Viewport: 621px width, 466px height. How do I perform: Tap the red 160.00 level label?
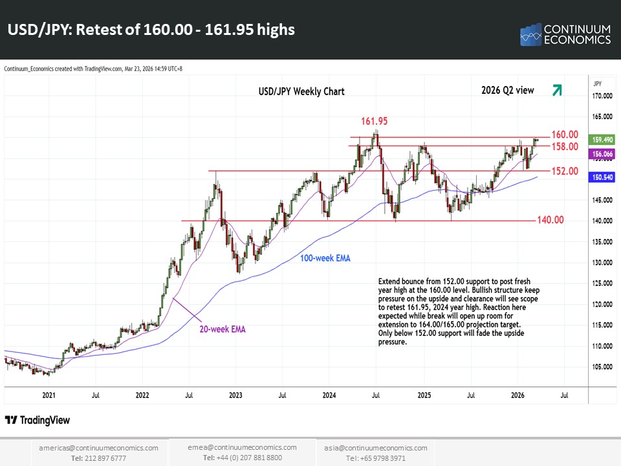(x=564, y=135)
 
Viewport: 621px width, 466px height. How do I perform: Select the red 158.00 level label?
(x=564, y=147)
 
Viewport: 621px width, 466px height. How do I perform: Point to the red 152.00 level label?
(x=564, y=172)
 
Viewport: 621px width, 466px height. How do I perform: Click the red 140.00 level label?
(x=550, y=220)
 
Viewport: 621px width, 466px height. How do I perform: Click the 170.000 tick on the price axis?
(x=603, y=96)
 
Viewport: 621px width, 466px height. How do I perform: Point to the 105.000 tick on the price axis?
(x=603, y=366)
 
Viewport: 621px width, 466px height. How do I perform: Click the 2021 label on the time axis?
(x=48, y=394)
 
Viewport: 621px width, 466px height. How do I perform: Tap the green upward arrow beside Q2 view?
(x=556, y=91)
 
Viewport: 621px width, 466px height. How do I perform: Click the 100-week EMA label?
(x=325, y=258)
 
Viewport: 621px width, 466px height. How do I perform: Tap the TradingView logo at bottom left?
(x=38, y=420)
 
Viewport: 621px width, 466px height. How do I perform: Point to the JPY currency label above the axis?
(x=597, y=83)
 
